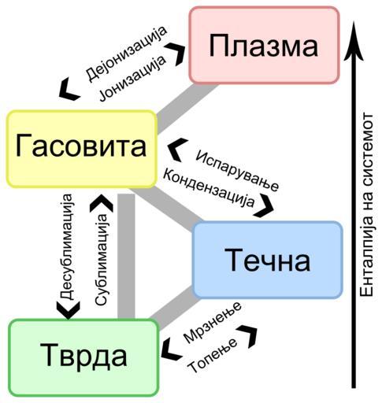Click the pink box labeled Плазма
pyautogui.click(x=265, y=46)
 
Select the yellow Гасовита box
pyautogui.click(x=81, y=149)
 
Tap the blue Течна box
pyautogui.click(x=268, y=260)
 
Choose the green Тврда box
pyautogui.click(x=83, y=357)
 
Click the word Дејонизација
pyautogui.click(x=126, y=54)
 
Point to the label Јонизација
pyautogui.click(x=132, y=78)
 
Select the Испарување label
pyautogui.click(x=237, y=171)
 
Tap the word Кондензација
pyautogui.click(x=209, y=188)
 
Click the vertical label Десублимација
pyautogui.click(x=65, y=246)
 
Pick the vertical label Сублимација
pyautogui.click(x=102, y=260)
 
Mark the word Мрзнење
pyautogui.click(x=212, y=322)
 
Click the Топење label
pyautogui.click(x=213, y=355)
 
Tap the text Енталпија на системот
pyautogui.click(x=366, y=205)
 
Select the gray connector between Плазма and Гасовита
pyautogui.click(x=187, y=108)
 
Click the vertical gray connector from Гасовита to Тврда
pyautogui.click(x=126, y=257)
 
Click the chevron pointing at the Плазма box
pyautogui.click(x=176, y=54)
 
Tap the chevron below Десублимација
pyautogui.click(x=68, y=310)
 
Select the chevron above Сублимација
pyautogui.click(x=102, y=204)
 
